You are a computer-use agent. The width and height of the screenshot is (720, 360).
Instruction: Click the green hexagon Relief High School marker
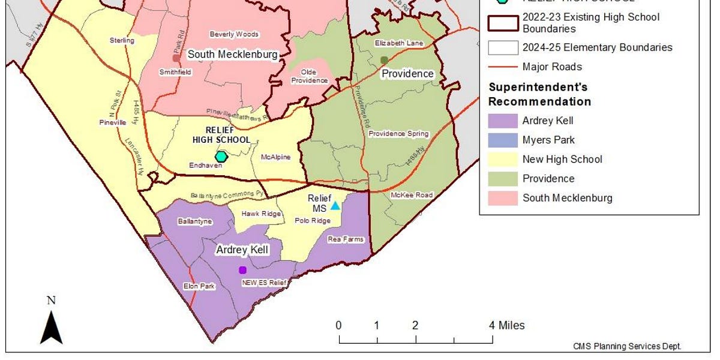221,156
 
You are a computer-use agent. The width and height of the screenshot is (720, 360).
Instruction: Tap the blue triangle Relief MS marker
335,206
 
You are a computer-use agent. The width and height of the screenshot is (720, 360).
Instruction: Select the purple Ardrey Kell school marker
242,270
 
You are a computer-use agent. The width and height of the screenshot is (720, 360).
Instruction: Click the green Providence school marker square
384,59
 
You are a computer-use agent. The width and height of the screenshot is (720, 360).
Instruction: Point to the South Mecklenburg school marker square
176,58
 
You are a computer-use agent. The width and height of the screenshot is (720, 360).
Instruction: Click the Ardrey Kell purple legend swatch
503,121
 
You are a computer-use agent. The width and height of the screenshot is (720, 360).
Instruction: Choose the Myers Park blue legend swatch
503,140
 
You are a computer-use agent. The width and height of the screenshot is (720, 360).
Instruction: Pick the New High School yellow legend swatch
503,159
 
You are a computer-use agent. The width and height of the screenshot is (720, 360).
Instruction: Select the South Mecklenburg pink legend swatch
503,197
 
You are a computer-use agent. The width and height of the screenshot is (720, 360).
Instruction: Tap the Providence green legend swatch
503,178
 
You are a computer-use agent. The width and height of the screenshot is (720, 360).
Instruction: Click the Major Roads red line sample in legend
503,67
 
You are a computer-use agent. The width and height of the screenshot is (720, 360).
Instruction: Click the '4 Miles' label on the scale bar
507,325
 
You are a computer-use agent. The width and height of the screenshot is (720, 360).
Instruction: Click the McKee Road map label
412,195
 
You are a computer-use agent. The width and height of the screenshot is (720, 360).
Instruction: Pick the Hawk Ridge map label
261,214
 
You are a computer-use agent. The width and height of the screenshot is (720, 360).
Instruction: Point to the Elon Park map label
199,286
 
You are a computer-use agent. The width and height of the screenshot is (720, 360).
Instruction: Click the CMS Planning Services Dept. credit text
627,346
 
